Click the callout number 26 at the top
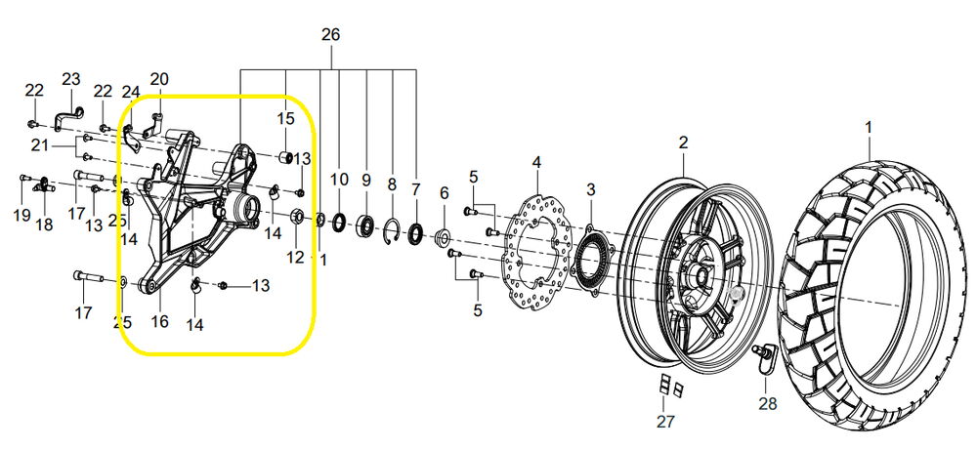coord(331,34)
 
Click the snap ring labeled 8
coord(392,231)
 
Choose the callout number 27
coord(665,422)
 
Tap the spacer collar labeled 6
coord(444,238)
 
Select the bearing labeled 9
coord(365,225)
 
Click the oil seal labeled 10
coord(340,221)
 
